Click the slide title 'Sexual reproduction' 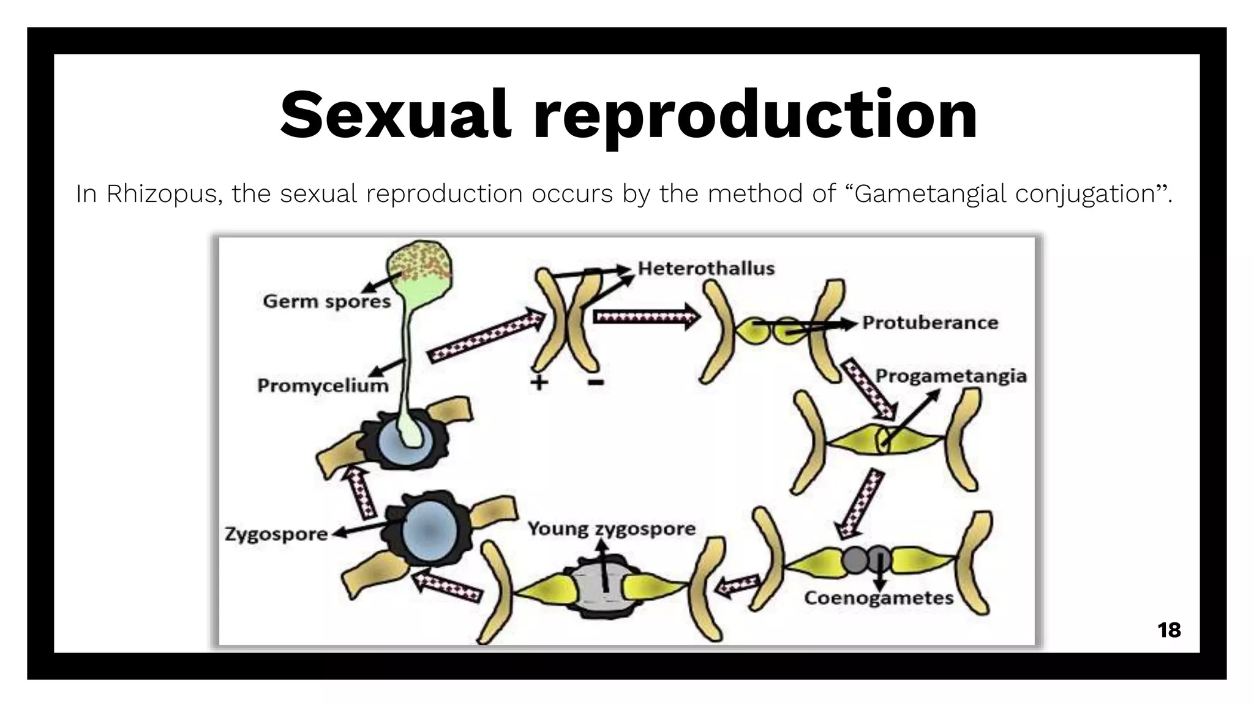tap(628, 115)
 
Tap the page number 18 tap(1169, 630)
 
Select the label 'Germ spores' tap(326, 301)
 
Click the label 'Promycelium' tap(323, 386)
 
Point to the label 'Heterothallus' tap(706, 268)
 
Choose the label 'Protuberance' tap(930, 323)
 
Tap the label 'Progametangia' tap(951, 376)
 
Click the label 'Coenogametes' tap(879, 597)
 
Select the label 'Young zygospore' tap(612, 528)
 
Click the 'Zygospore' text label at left tap(276, 534)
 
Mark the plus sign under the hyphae tap(539, 383)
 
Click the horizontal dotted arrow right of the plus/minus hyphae tap(646, 317)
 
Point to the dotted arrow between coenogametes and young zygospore tap(738, 586)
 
